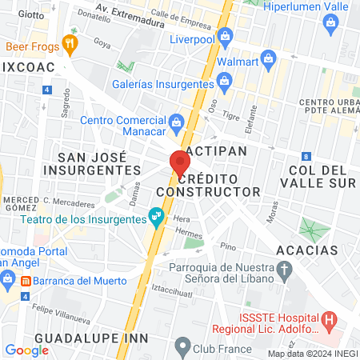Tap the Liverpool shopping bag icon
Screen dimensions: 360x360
[226, 37]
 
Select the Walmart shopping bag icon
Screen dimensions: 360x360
[268, 59]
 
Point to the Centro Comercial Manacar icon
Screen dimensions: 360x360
[178, 122]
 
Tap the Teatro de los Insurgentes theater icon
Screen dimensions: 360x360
[158, 215]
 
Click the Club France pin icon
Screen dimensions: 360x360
[182, 347]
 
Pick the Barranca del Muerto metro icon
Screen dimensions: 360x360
[26, 281]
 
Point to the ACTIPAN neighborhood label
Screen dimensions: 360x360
[213, 150]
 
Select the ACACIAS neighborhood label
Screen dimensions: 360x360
[307, 250]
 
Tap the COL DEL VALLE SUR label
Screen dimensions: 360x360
[318, 176]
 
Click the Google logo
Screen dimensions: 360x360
[26, 350]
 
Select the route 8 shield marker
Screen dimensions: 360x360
[306, 156]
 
